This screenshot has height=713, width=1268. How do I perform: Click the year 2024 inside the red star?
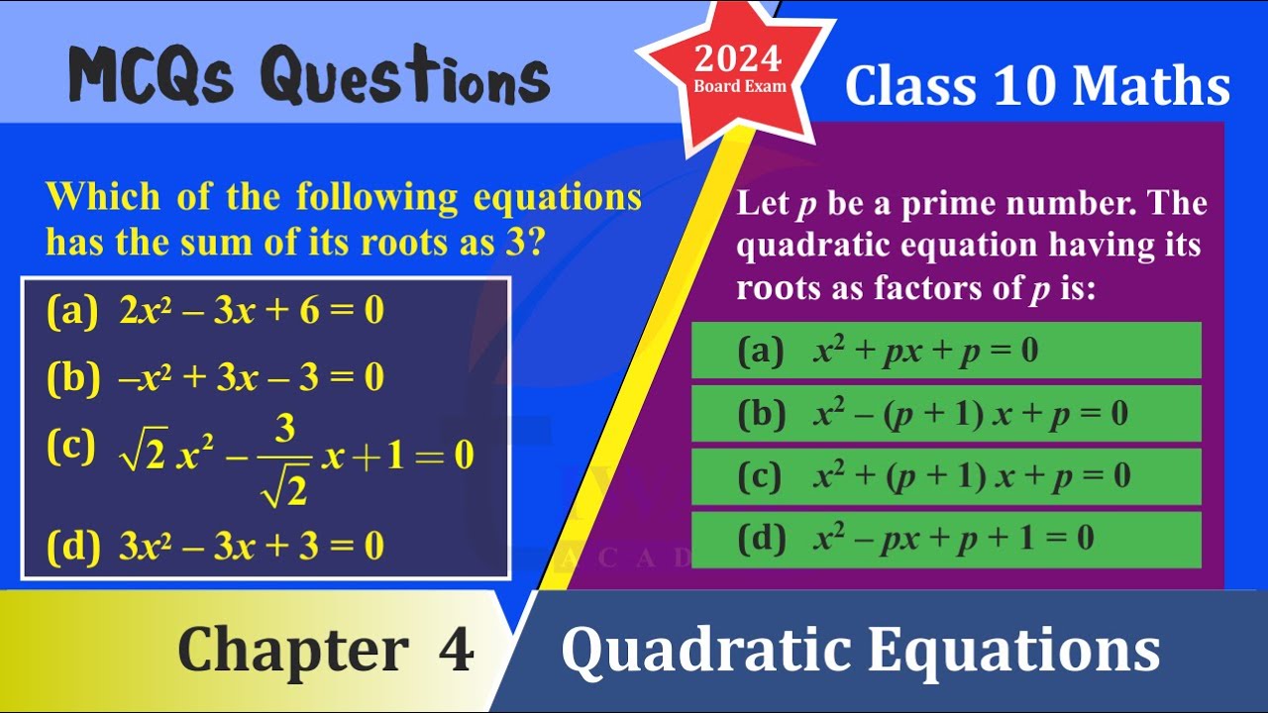[x=738, y=59]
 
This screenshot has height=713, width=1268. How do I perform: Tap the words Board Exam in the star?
[x=740, y=86]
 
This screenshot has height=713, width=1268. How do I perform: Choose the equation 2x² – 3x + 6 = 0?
[x=252, y=310]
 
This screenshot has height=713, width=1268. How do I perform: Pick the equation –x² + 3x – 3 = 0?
[x=252, y=377]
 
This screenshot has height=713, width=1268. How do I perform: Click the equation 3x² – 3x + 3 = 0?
[x=252, y=546]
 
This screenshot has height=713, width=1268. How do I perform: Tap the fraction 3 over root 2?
[x=284, y=460]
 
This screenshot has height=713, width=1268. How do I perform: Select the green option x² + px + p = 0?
[x=946, y=351]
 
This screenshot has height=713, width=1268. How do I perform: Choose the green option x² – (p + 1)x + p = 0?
[x=946, y=413]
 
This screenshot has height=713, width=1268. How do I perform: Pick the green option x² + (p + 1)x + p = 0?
[x=946, y=476]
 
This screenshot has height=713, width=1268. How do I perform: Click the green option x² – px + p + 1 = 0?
[x=946, y=540]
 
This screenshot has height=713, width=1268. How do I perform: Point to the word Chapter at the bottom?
[x=293, y=651]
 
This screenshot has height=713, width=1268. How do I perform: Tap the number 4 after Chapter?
[x=456, y=649]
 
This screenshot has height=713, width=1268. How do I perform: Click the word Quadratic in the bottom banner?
[x=706, y=652]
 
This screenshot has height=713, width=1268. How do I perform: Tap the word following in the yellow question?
[x=377, y=197]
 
